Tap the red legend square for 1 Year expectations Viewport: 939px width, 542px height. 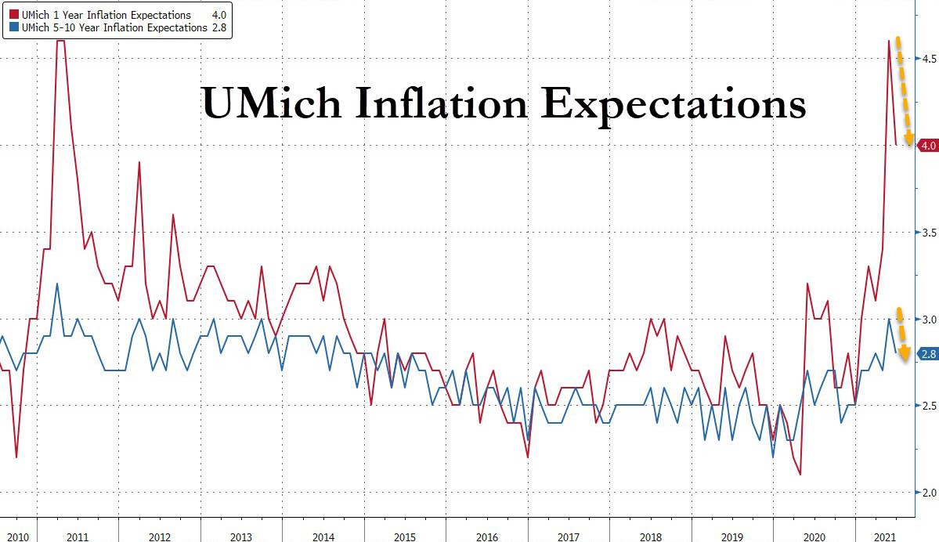(x=12, y=14)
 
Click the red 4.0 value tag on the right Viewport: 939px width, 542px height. (x=928, y=146)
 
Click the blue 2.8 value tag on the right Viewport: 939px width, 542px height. (x=928, y=354)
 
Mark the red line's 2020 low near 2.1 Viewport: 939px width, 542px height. (x=800, y=474)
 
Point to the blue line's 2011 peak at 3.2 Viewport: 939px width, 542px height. (x=57, y=284)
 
